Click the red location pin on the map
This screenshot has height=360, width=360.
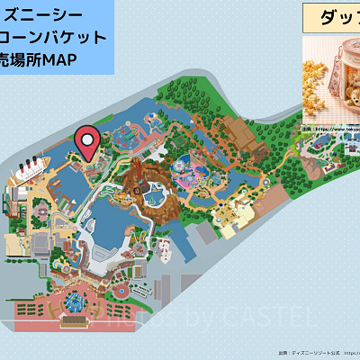point(87,142)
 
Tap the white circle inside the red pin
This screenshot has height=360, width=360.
point(87,139)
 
